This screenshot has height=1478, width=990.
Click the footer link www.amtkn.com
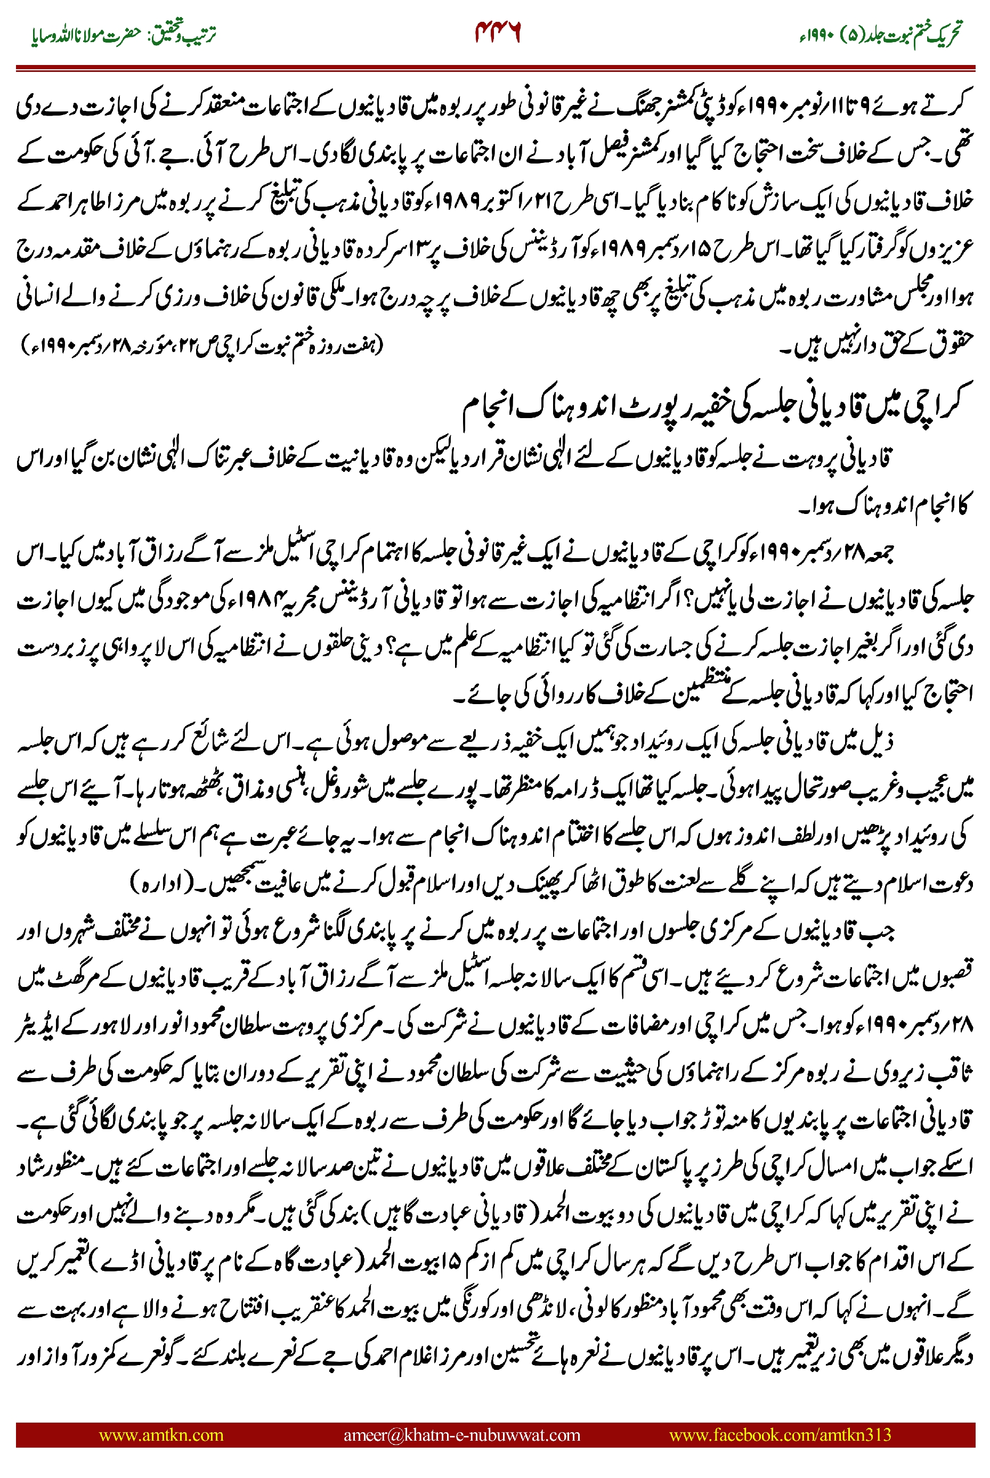(x=161, y=1434)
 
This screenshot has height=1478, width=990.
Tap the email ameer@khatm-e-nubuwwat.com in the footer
(x=461, y=1434)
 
